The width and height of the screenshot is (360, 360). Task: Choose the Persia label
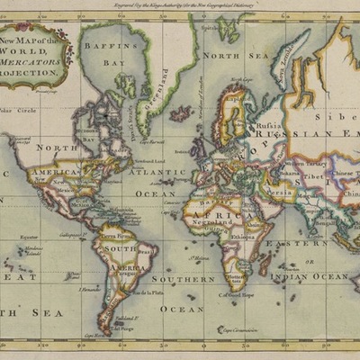(280, 192)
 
